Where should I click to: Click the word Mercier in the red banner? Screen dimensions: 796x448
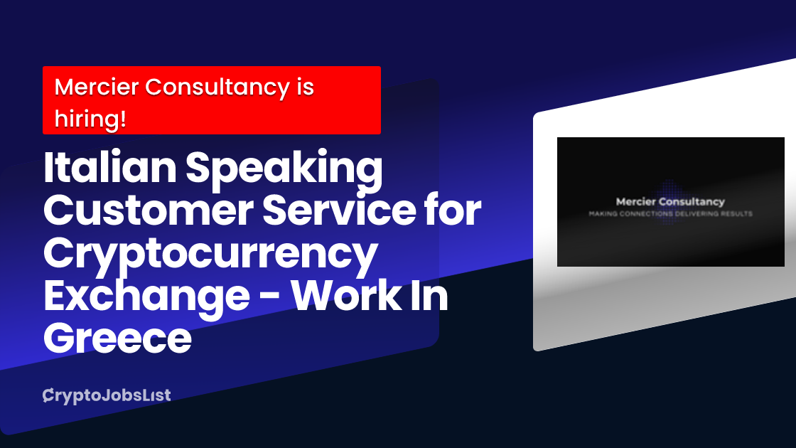coord(97,87)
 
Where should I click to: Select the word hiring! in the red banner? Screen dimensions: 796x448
coord(90,119)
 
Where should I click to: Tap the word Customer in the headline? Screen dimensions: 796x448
coord(149,210)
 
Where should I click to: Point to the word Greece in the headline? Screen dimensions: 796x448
coord(118,338)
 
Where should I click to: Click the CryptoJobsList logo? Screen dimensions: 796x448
coord(107,395)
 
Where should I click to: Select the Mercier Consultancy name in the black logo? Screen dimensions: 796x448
coord(670,202)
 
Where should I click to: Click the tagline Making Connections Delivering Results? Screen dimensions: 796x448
coord(671,214)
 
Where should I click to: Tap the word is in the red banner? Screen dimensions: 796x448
coord(306,87)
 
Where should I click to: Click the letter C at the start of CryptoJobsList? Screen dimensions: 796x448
coord(48,395)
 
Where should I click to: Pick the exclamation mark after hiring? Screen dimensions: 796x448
coord(123,119)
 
